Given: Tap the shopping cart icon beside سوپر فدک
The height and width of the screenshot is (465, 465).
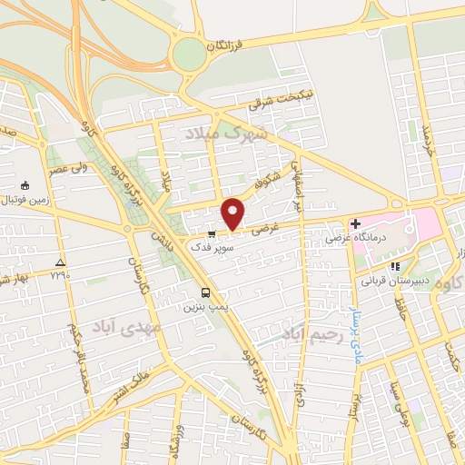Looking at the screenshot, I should click(x=212, y=232).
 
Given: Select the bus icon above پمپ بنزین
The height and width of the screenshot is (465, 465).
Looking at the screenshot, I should click(x=207, y=292).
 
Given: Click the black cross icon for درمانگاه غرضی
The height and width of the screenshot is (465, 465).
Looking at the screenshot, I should click(x=355, y=223).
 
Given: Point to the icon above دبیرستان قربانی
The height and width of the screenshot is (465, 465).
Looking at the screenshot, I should click(x=394, y=266).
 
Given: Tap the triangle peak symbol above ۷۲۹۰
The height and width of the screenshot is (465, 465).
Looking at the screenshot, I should click(x=61, y=260).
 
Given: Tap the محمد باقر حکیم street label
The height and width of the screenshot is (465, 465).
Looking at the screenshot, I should click(x=78, y=347).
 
